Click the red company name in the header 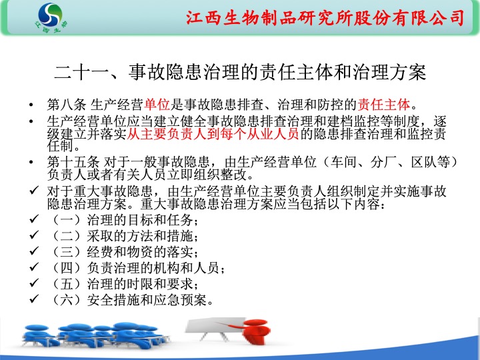(325, 17)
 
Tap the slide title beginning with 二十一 (240, 73)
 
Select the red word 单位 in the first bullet (157, 105)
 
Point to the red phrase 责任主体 (383, 105)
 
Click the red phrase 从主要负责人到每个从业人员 (213, 134)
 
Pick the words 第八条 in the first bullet (67, 105)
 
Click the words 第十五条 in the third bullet (73, 162)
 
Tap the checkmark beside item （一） (34, 219)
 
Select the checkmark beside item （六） (34, 299)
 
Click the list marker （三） (67, 252)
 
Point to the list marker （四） (67, 268)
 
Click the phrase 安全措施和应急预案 (147, 300)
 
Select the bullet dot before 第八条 (31, 105)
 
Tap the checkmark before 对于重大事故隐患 (34, 190)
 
